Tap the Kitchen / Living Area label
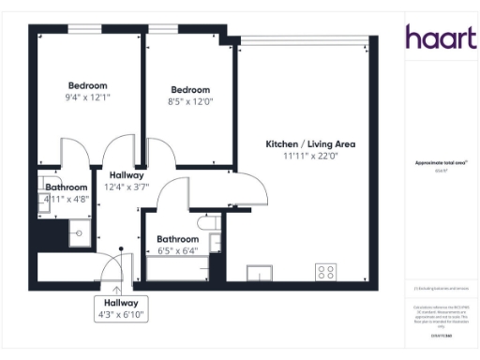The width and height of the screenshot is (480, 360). pos(310,144)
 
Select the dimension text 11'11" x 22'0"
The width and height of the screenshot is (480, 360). pos(310,156)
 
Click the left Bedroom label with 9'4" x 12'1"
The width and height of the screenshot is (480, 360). pos(86,85)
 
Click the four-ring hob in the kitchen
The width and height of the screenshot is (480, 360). pos(326,272)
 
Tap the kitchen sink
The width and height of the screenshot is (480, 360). pos(260,273)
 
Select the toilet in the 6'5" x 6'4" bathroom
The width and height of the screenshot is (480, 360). pos(209,224)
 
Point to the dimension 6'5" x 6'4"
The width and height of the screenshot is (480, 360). pos(177,250)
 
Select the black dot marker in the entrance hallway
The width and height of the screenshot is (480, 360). pos(121,250)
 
